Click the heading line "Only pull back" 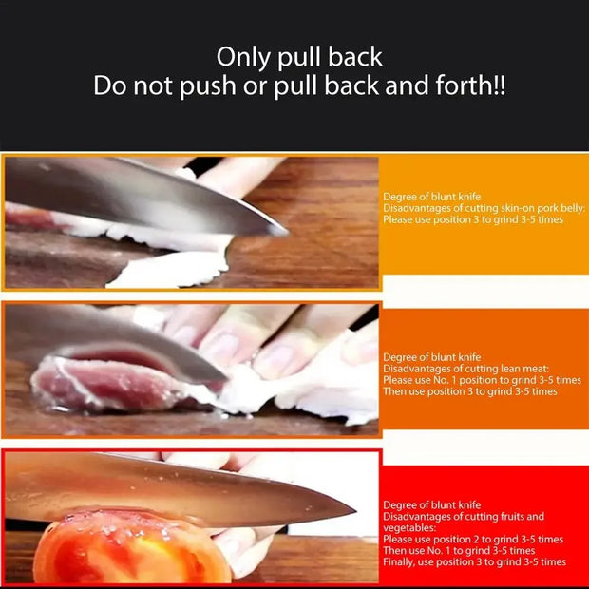click(299, 56)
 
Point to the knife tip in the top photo click(284, 231)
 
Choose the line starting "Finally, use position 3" click(474, 561)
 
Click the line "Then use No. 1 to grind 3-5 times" click(459, 550)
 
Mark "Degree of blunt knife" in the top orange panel click(431, 197)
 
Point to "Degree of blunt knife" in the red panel click(431, 504)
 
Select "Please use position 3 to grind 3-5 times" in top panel click(473, 219)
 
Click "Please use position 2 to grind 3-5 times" click(473, 539)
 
